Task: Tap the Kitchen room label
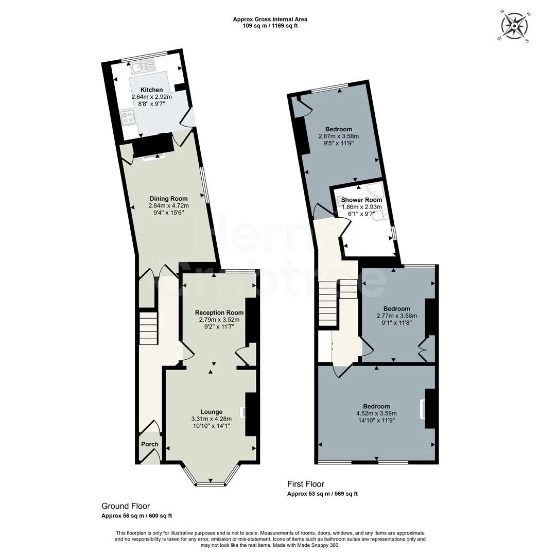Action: pyautogui.click(x=151, y=90)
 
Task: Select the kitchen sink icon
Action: pyautogui.click(x=143, y=66)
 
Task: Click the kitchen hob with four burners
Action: pyautogui.click(x=127, y=117)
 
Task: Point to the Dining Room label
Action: pyautogui.click(x=168, y=199)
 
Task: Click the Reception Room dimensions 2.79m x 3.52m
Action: pyautogui.click(x=219, y=320)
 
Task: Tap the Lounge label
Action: pyautogui.click(x=211, y=412)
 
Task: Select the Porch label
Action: pyautogui.click(x=150, y=444)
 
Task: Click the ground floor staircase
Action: pyautogui.click(x=148, y=328)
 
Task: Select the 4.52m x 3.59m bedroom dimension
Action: pyautogui.click(x=376, y=413)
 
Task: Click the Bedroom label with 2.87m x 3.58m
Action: pyautogui.click(x=338, y=129)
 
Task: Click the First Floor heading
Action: pyautogui.click(x=305, y=484)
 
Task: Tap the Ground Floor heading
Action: pyautogui.click(x=126, y=507)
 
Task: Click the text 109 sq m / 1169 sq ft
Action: pyautogui.click(x=270, y=26)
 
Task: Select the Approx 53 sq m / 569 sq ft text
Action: pyautogui.click(x=322, y=494)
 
